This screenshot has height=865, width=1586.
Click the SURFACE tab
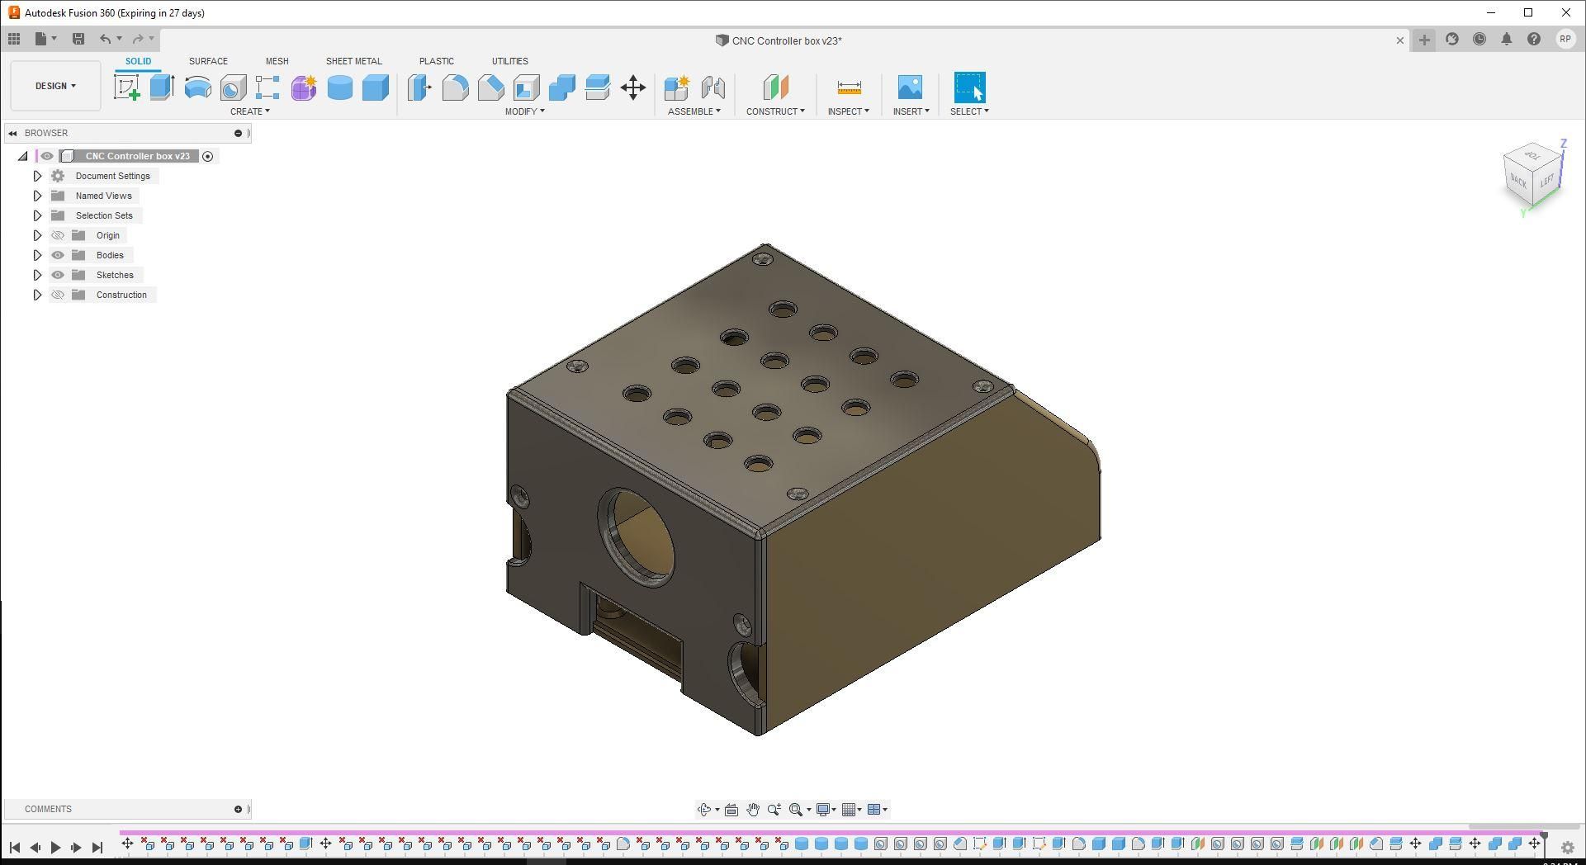[208, 61]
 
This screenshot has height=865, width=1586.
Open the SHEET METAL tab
[353, 61]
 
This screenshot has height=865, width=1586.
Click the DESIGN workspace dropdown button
[55, 86]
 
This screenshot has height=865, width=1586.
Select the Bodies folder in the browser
[110, 255]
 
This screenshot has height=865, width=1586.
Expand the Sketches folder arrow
[37, 275]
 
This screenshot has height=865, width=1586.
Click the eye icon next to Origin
[58, 235]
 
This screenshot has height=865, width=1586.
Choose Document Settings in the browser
[112, 176]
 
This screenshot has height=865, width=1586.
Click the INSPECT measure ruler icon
[849, 87]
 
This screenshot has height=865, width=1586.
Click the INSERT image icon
[910, 87]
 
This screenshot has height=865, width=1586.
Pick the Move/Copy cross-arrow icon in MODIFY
[633, 87]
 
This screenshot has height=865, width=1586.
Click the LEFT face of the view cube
[1546, 181]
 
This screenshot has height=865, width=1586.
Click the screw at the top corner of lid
[763, 259]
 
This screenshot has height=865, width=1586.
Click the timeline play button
[55, 847]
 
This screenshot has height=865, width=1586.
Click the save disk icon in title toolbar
[78, 39]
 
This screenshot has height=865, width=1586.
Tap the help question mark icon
[1534, 40]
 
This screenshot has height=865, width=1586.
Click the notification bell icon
[1507, 40]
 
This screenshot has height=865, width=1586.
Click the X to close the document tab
[1400, 40]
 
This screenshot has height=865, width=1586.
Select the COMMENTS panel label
[48, 809]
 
